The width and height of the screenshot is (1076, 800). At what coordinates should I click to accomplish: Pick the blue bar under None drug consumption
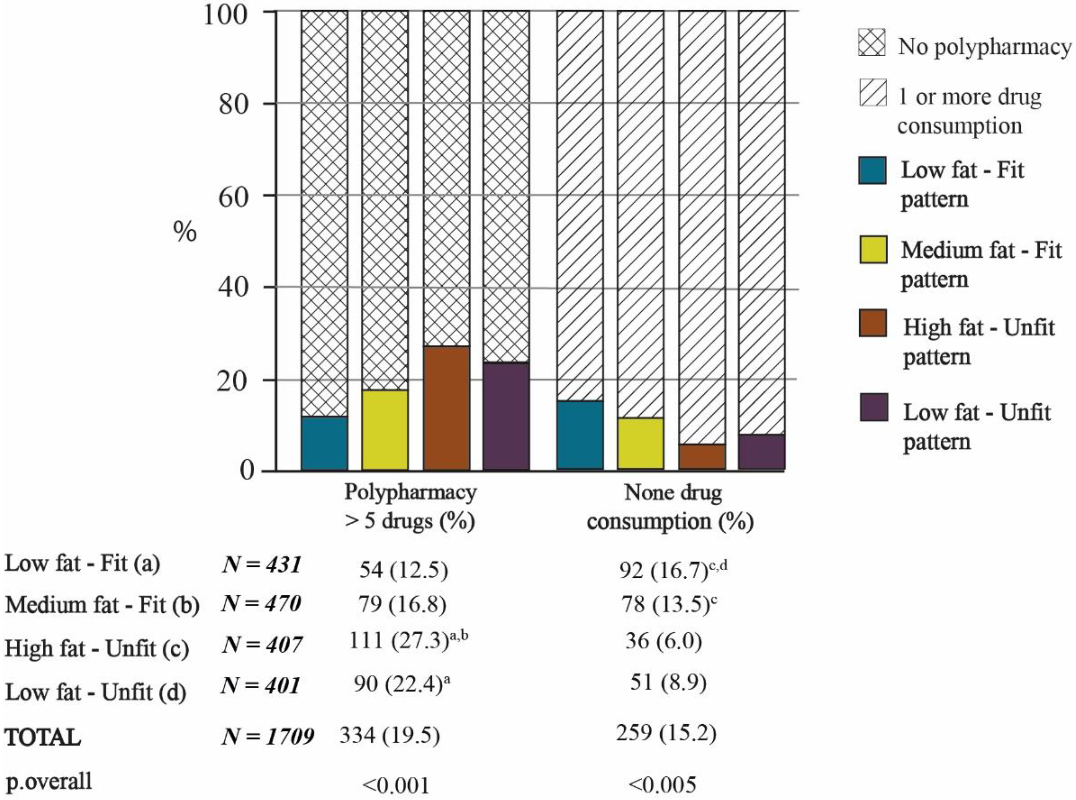coord(579,435)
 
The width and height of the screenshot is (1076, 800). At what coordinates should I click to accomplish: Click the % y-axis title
coord(185,233)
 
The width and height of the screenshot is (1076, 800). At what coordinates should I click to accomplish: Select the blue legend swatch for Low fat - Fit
coord(872,170)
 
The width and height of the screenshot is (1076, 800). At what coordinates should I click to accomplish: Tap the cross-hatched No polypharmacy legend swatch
coord(872,43)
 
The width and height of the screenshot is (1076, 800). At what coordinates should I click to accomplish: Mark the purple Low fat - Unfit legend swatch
coord(873,407)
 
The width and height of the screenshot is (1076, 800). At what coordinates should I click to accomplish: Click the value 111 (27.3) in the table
coord(408,641)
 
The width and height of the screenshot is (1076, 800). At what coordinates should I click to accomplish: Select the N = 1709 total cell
coord(267,736)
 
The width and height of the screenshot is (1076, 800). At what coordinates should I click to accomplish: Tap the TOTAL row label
coord(43,737)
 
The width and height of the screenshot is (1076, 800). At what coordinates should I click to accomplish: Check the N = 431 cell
coord(262,565)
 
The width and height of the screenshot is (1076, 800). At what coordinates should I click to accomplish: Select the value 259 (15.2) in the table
coord(666,733)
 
